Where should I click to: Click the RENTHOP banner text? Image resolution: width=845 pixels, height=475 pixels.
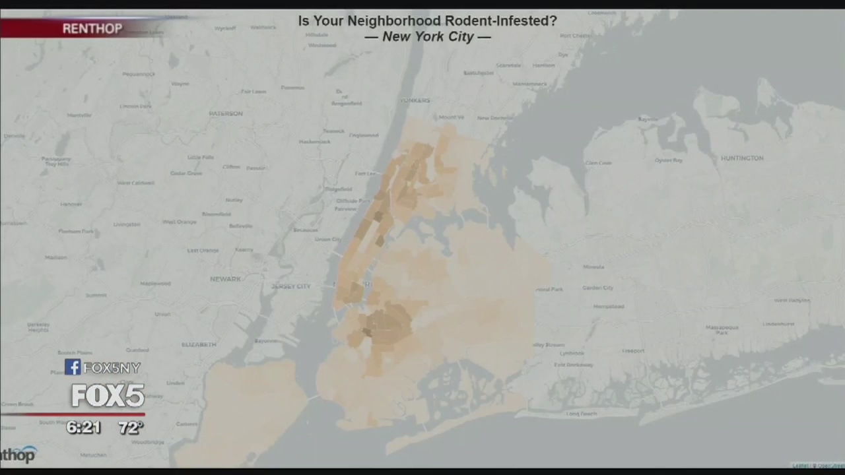point(92,28)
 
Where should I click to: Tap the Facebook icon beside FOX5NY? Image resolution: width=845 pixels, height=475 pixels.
point(73,367)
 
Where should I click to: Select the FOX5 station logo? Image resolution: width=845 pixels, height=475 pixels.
point(108,395)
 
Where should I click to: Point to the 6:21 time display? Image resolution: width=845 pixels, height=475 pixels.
point(83,427)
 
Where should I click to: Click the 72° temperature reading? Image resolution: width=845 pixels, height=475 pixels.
point(131,427)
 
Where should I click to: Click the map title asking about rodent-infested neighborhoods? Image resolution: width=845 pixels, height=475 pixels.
point(427,21)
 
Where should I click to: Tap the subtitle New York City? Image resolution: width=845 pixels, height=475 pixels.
point(427,37)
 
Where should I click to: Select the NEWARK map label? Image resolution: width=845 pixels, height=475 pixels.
point(225,279)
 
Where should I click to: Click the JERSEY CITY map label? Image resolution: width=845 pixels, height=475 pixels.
point(290,286)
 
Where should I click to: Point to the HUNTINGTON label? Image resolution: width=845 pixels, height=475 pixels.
point(742,158)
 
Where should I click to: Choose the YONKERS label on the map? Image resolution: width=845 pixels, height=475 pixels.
point(415,100)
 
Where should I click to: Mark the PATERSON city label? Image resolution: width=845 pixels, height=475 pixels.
point(226,113)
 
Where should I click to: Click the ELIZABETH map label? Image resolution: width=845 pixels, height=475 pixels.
point(198,344)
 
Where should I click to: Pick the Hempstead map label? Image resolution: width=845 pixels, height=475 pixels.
point(608,306)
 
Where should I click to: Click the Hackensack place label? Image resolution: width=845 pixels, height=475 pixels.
point(314,142)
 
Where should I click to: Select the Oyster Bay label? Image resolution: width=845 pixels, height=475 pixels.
point(668,160)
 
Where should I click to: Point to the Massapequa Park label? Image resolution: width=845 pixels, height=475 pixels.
point(722,329)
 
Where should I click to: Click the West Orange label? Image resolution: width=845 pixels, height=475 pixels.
point(180,222)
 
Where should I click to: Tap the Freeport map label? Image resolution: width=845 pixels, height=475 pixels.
point(633,351)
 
